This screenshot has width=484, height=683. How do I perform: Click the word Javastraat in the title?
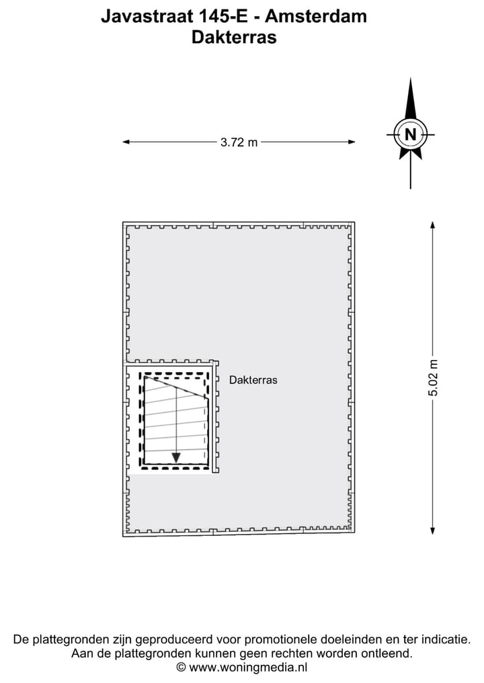[x=147, y=16]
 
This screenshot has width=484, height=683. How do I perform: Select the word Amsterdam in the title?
[x=316, y=16]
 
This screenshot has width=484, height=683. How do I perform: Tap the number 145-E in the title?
[x=223, y=16]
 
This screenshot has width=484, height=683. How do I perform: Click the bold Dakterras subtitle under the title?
[x=234, y=37]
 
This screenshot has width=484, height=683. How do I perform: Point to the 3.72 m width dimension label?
[x=239, y=142]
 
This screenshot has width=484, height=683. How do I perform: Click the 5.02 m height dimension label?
[x=433, y=378]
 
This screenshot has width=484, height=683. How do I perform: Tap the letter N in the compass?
[x=410, y=134]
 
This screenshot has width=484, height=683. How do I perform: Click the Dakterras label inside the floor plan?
[x=253, y=380]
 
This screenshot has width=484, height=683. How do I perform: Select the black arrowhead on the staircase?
[x=176, y=458]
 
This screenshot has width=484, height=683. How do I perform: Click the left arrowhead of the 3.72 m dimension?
[x=126, y=142]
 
